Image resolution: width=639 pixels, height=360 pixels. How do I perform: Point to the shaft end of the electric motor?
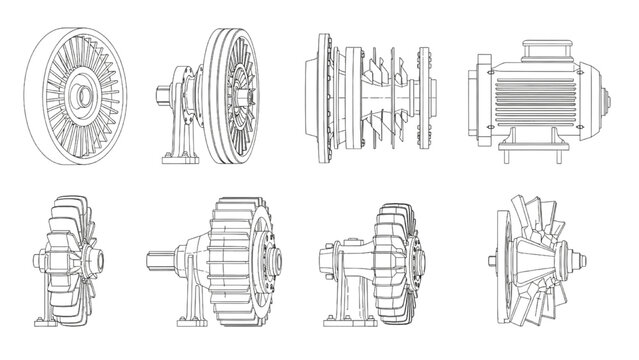(608, 101)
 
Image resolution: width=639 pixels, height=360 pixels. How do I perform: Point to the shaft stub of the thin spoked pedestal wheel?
(161, 98)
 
